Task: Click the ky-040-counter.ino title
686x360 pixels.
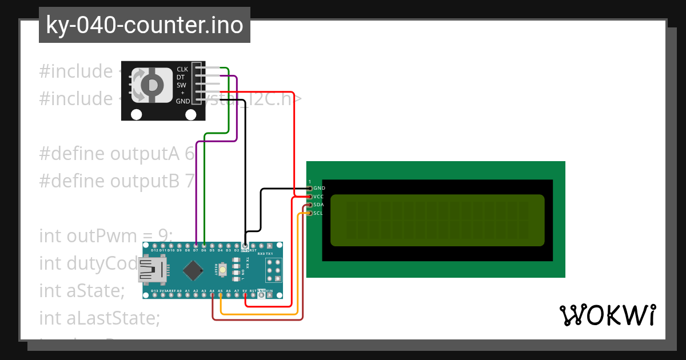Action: pos(144,25)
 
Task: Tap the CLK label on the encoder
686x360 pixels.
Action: pos(182,69)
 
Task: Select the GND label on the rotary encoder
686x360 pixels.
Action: pos(183,101)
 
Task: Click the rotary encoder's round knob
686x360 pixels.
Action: pos(152,86)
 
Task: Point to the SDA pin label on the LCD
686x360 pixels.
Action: pos(318,205)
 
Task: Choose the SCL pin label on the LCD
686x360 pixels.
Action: pos(318,213)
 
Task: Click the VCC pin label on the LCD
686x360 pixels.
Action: pos(318,197)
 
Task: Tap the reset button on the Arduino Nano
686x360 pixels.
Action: pos(236,269)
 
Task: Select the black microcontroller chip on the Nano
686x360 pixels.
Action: pos(195,269)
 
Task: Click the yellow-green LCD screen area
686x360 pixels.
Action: pos(437,221)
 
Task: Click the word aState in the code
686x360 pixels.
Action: pos(95,290)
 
